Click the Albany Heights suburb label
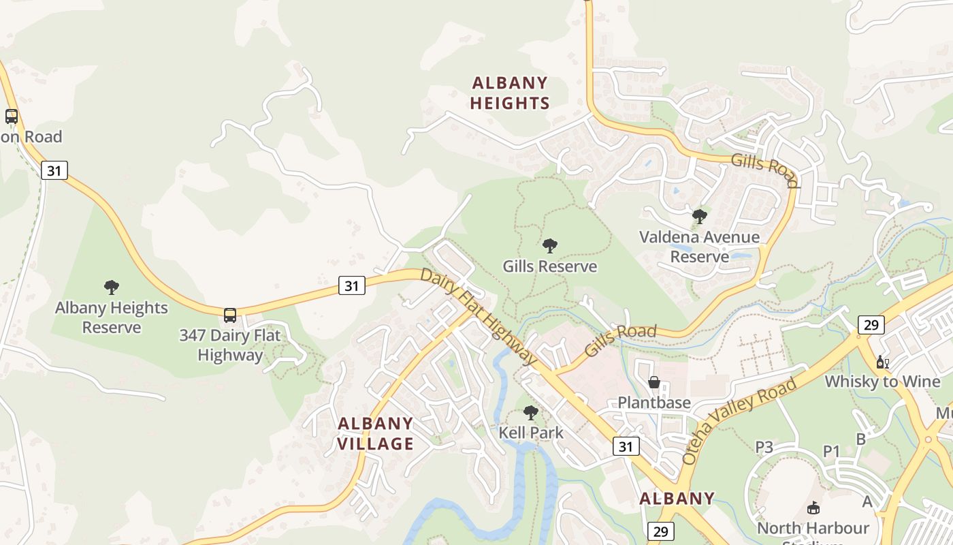511,93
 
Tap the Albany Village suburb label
376,433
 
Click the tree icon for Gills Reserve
550,246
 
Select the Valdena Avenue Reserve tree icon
699,217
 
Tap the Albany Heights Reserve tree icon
112,287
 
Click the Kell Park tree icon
531,413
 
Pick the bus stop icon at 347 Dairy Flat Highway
230,315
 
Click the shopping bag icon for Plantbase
654,382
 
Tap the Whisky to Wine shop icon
883,362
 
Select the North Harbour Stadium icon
813,508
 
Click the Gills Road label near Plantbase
620,340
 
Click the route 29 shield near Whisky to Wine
871,325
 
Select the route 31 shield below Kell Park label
626,446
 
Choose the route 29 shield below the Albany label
660,531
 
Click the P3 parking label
764,447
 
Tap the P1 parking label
832,451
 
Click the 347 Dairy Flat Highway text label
230,345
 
